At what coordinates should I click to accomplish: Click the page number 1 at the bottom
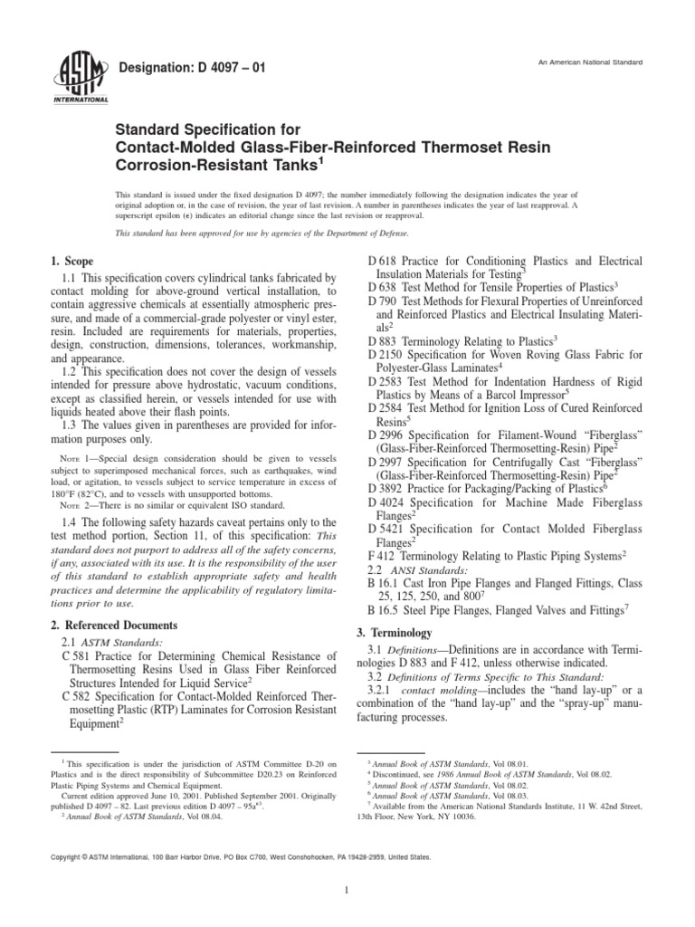[347, 891]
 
